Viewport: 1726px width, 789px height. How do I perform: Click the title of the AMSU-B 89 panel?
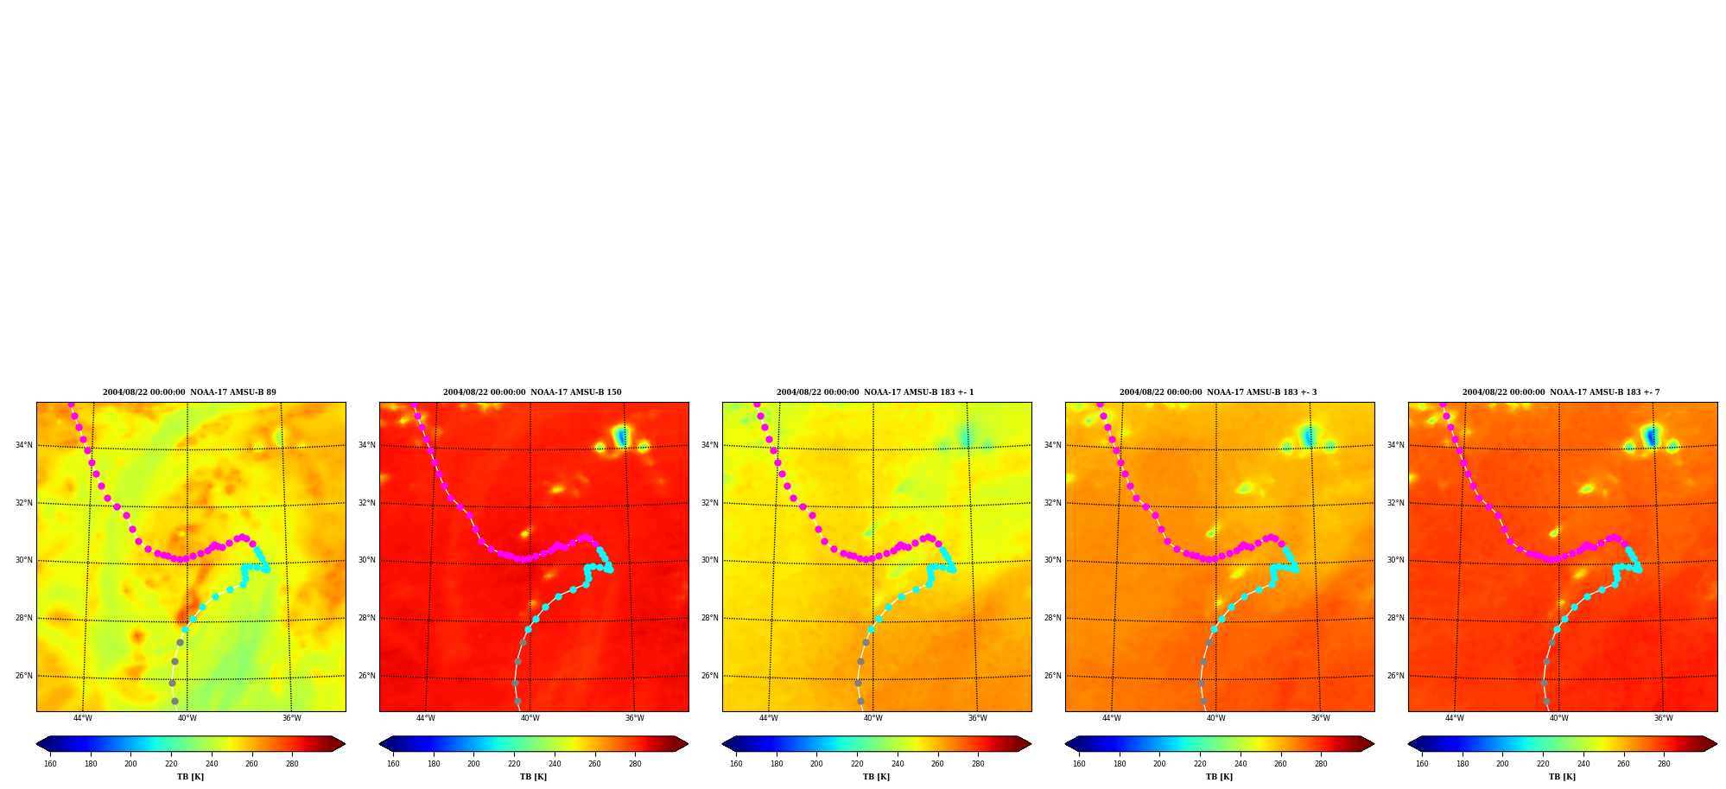tap(190, 392)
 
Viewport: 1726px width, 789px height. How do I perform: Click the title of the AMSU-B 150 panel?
tap(532, 392)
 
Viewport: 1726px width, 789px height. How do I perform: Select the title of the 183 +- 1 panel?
tap(875, 392)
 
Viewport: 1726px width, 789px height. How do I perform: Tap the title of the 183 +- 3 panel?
tap(1218, 392)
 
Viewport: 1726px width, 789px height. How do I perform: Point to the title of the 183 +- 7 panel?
tap(1561, 392)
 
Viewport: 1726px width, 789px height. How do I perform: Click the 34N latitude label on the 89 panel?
tap(24, 446)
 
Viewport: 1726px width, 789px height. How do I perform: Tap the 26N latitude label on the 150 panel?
tap(367, 677)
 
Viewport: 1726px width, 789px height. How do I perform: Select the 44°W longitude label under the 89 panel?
tap(83, 718)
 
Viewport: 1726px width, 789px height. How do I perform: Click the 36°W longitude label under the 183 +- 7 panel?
tap(1663, 718)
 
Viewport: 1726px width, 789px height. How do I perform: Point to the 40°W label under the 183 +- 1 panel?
tap(873, 718)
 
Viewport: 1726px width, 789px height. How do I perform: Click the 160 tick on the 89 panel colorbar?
tap(50, 764)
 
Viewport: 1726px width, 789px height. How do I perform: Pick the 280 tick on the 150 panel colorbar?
tap(635, 764)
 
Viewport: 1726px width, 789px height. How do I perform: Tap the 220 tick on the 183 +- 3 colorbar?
tap(1200, 764)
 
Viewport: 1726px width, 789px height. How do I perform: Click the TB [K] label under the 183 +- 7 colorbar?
tap(1562, 777)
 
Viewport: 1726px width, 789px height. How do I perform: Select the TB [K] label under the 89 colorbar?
tap(191, 777)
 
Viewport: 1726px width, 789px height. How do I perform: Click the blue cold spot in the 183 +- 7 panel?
tap(1651, 437)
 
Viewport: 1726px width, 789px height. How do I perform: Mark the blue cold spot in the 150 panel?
tap(622, 437)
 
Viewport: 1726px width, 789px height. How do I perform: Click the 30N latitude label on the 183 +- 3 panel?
tap(1053, 561)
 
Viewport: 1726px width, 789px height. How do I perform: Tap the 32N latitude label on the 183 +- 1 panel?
tap(710, 504)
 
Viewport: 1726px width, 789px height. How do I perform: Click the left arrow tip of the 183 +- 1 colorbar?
tap(722, 744)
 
